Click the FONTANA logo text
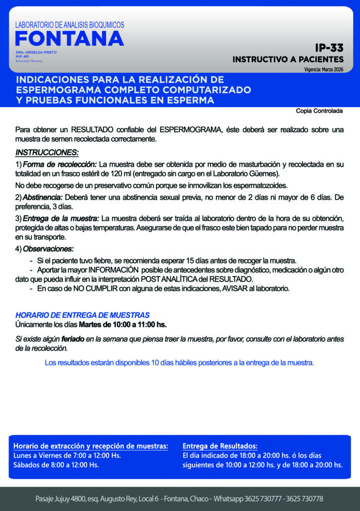coord(69,38)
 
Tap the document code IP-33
coord(329,48)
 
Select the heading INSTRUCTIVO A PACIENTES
coord(288,59)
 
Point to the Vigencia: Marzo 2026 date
coord(324,70)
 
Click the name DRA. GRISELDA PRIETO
coord(36,52)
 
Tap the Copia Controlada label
coord(320,111)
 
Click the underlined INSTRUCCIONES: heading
coord(47,152)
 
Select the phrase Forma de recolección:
coord(60,164)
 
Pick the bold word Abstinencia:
coord(42,198)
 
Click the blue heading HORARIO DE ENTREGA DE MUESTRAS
coord(82,315)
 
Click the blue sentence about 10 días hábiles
coord(180,363)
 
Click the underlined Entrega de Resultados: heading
coord(220,446)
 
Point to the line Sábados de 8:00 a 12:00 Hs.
coord(56,465)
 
